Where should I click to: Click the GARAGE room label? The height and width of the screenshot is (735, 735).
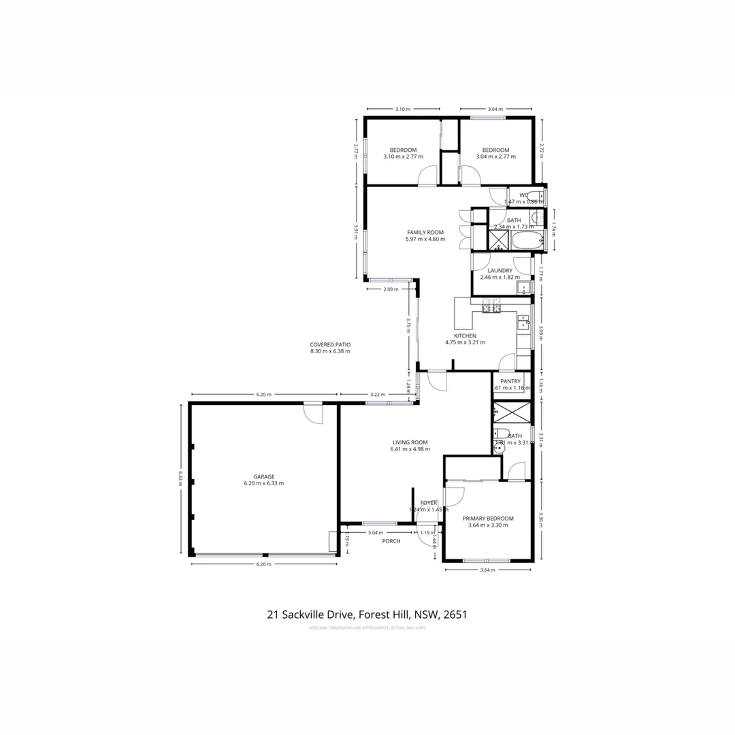pos(263,476)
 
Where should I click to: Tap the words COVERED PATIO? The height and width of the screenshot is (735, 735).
pos(330,344)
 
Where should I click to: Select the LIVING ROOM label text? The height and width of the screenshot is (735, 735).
pos(409,442)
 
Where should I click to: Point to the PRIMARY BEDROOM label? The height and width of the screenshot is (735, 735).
pos(491,518)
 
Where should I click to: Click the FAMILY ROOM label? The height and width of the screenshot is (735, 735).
pos(425,232)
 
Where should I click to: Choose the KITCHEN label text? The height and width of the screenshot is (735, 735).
pos(465,336)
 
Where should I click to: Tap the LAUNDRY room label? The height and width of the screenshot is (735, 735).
pos(500,270)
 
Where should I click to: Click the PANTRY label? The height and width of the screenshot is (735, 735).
pos(510,381)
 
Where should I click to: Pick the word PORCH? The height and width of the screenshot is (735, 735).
pos(391,541)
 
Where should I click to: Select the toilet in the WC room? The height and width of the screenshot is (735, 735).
pos(536,196)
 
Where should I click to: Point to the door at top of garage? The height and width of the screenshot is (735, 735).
pos(313,412)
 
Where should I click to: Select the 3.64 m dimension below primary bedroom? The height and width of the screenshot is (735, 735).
pos(487,570)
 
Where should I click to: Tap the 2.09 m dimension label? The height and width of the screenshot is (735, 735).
pos(391,289)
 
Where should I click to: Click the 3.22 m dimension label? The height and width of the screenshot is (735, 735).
pos(378,394)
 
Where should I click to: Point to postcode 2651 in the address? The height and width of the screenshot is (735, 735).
pos(455,615)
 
